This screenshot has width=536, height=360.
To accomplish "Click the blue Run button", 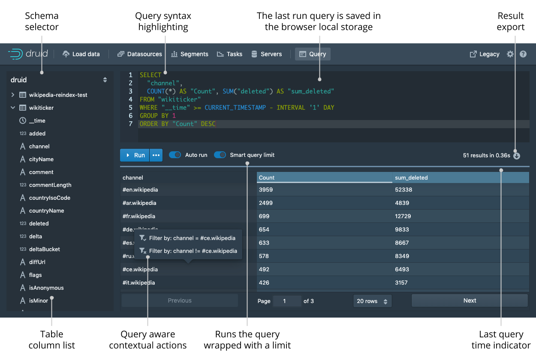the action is point(135,155).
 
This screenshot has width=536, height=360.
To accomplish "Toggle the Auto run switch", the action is point(175,155).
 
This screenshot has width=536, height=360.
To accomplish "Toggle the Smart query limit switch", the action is point(220,155).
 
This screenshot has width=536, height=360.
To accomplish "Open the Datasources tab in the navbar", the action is point(140,54).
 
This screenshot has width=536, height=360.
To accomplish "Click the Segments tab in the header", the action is point(190,54).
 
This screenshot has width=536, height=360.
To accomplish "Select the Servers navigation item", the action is point(267,54).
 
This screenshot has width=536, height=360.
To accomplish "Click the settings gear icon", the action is point(510,54).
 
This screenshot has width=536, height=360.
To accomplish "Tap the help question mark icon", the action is point(523,54).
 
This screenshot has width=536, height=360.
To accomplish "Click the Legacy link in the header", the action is point(485,54).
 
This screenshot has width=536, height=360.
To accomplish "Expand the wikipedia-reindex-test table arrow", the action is point(13,95).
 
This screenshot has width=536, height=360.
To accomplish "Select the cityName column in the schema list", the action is point(41,159).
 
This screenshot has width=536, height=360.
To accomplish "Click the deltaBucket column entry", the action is point(44,249).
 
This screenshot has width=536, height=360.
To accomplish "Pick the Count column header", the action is point(267,177).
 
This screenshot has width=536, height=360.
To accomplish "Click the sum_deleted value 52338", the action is point(404,190).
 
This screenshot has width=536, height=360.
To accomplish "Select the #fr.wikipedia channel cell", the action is point(139,216).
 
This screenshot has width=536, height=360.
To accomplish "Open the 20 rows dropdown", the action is point(372,301).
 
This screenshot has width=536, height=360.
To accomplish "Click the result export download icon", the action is point(517,156).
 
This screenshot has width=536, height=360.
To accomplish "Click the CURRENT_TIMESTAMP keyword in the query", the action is point(235,108).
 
